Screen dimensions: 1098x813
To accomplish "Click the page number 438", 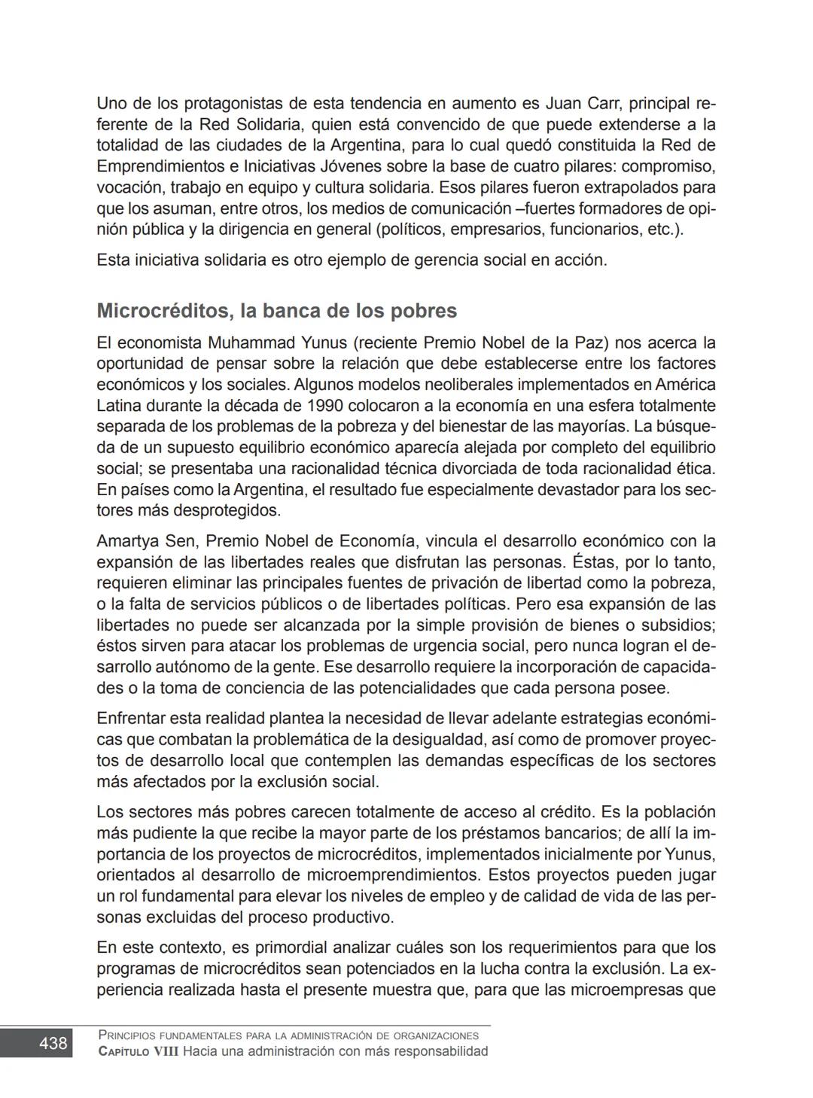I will [53, 1043].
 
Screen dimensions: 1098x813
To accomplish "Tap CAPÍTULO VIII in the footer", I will [139, 1051].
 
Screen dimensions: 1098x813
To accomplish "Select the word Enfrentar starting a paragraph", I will [131, 719].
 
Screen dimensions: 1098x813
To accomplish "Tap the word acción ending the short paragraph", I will [579, 260].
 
